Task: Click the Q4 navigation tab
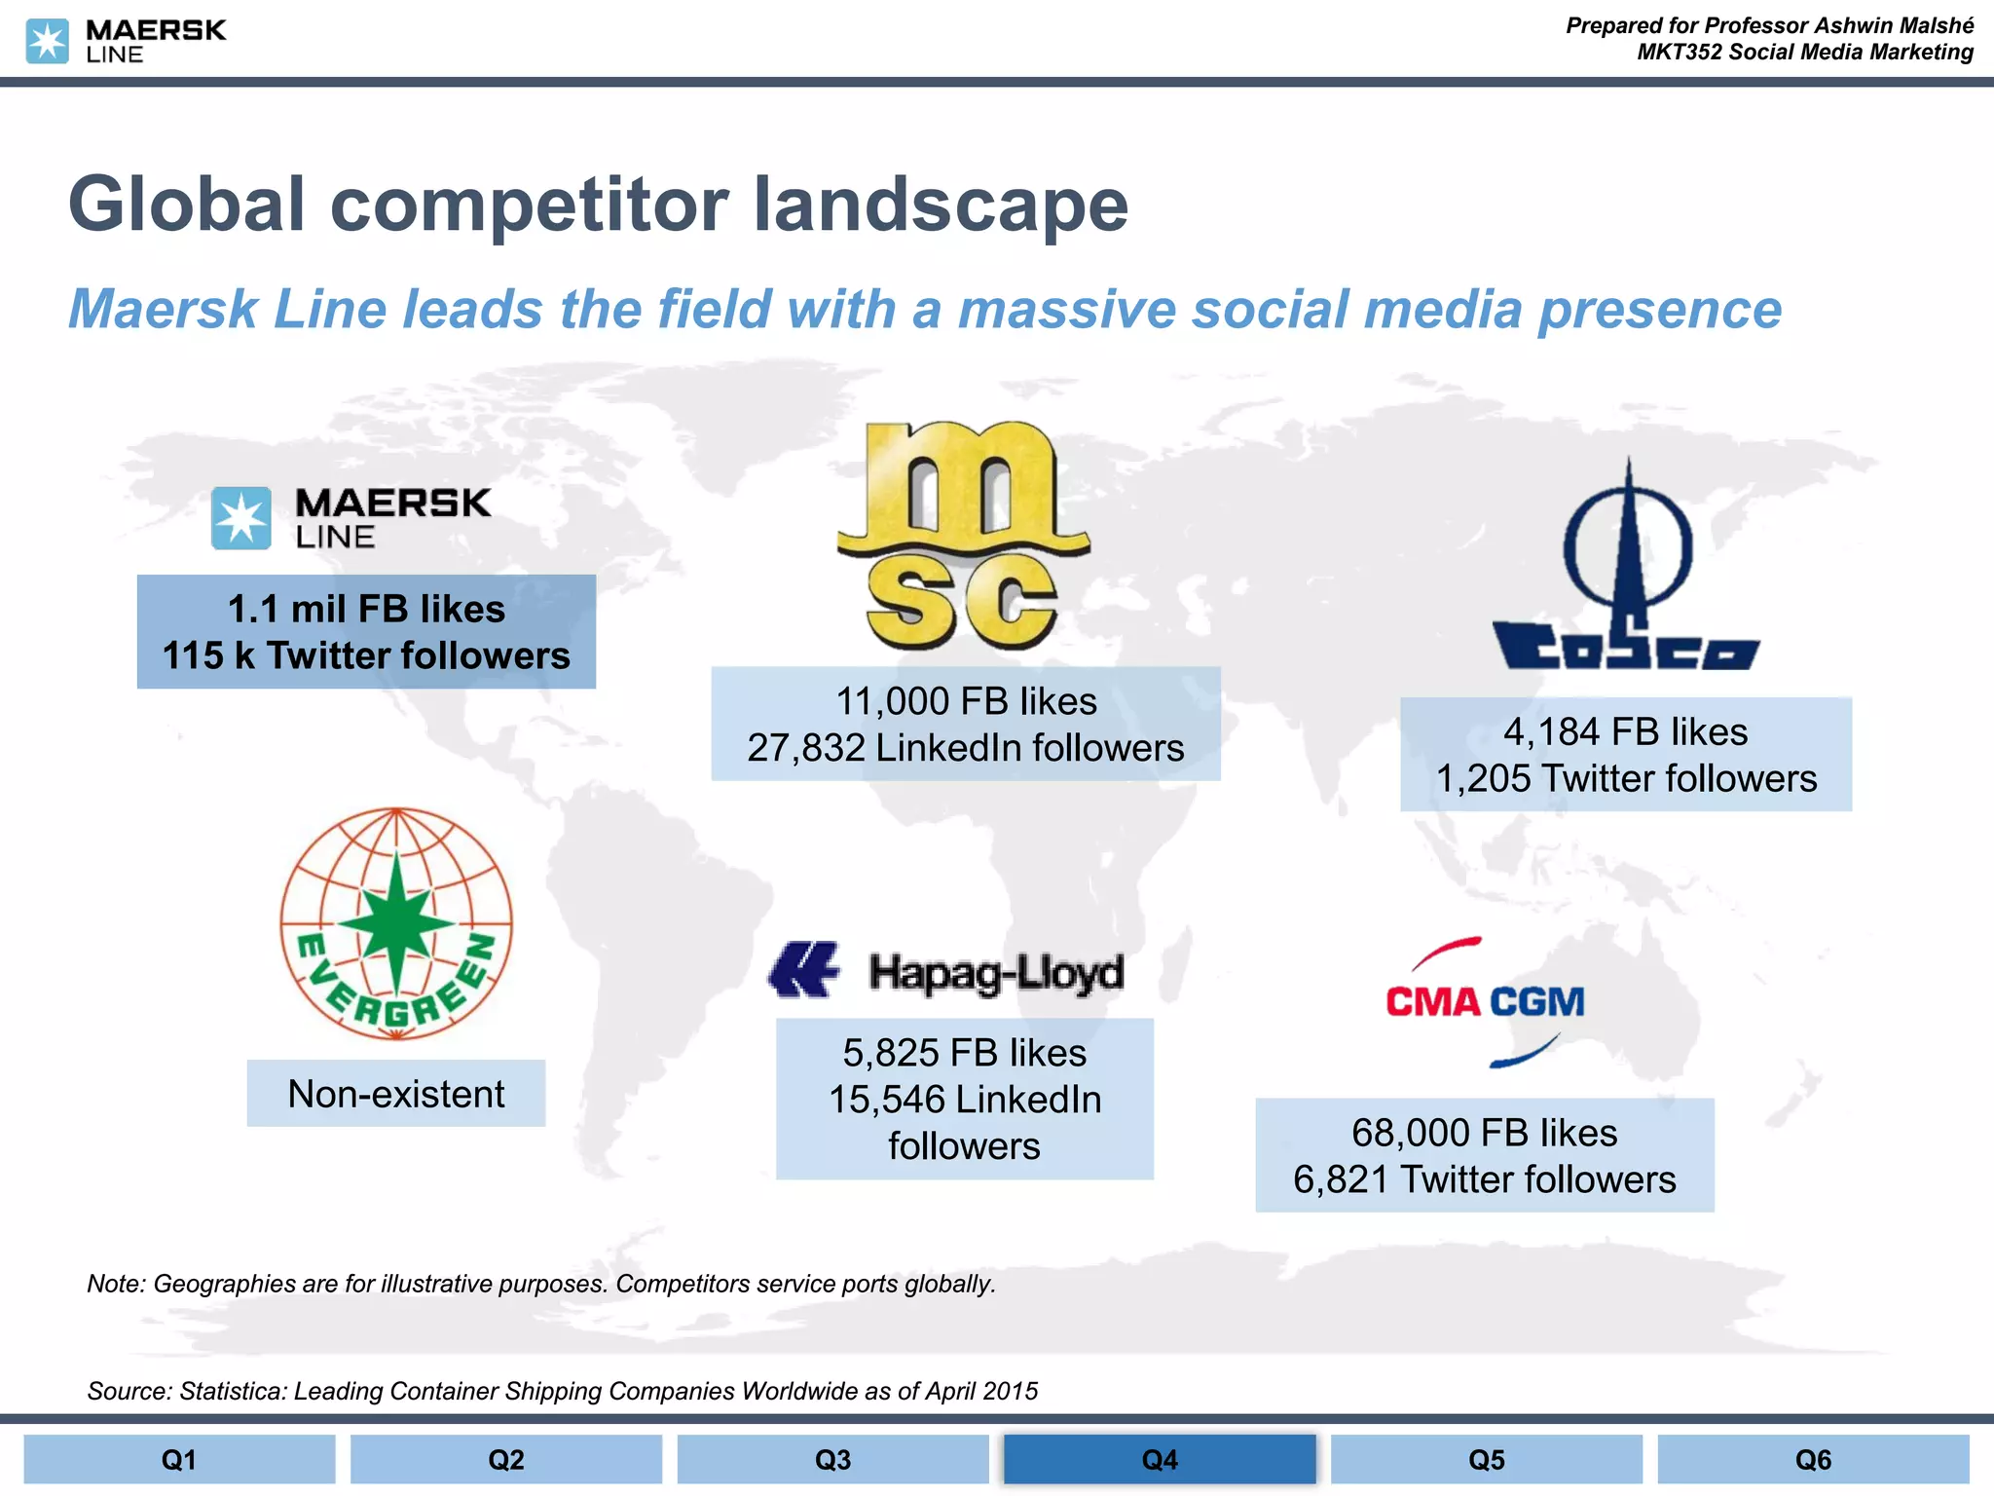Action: point(1160,1459)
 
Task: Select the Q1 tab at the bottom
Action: point(179,1459)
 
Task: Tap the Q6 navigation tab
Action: point(1813,1459)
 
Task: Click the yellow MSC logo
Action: point(961,536)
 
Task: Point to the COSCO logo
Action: point(1627,575)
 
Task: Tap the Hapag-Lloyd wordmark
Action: point(996,972)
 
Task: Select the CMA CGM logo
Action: point(1485,1001)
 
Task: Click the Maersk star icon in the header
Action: point(47,41)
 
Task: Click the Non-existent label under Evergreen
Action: point(396,1094)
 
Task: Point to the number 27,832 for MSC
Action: point(806,748)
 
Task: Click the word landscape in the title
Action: point(941,205)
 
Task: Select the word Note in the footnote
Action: point(115,1284)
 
